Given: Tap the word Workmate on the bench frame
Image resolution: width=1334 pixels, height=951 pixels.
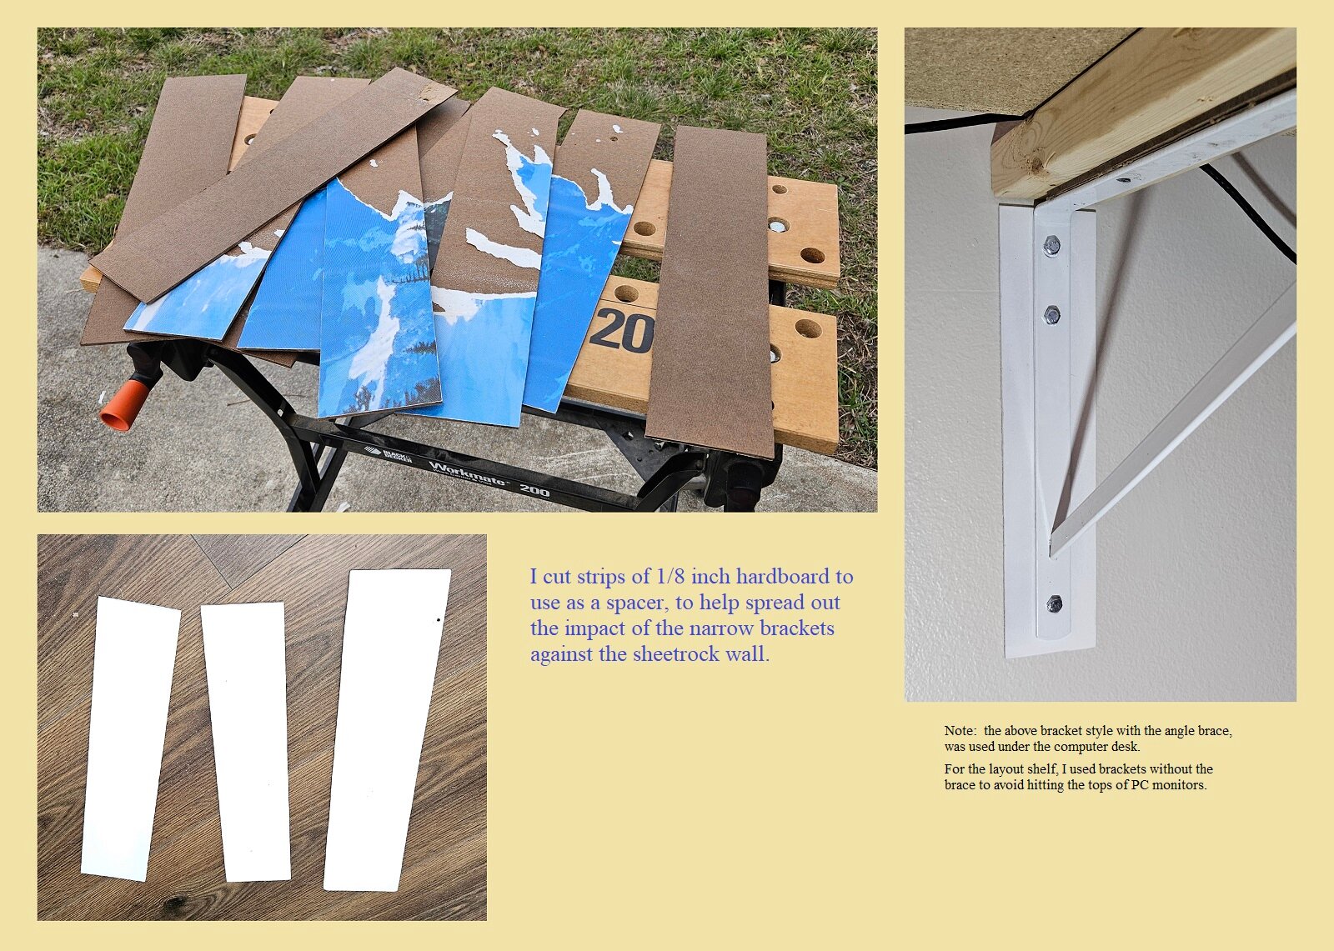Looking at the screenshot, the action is tap(467, 473).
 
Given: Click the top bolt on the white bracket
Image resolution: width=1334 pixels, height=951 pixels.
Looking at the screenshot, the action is tap(1051, 245).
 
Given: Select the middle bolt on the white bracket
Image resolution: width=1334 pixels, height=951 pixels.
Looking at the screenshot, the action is tap(1051, 314).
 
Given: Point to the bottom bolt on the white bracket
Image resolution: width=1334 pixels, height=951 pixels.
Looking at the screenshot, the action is tap(1054, 603).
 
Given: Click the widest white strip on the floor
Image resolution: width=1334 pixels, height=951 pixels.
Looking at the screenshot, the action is tap(387, 730).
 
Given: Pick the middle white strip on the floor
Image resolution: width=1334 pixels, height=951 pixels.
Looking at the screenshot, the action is tap(245, 742).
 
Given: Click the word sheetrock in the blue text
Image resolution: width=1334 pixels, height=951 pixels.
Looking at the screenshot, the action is tap(675, 654).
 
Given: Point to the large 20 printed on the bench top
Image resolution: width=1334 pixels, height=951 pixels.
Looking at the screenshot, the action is tap(622, 331).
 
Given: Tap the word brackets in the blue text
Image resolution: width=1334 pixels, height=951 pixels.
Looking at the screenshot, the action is tap(797, 628).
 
